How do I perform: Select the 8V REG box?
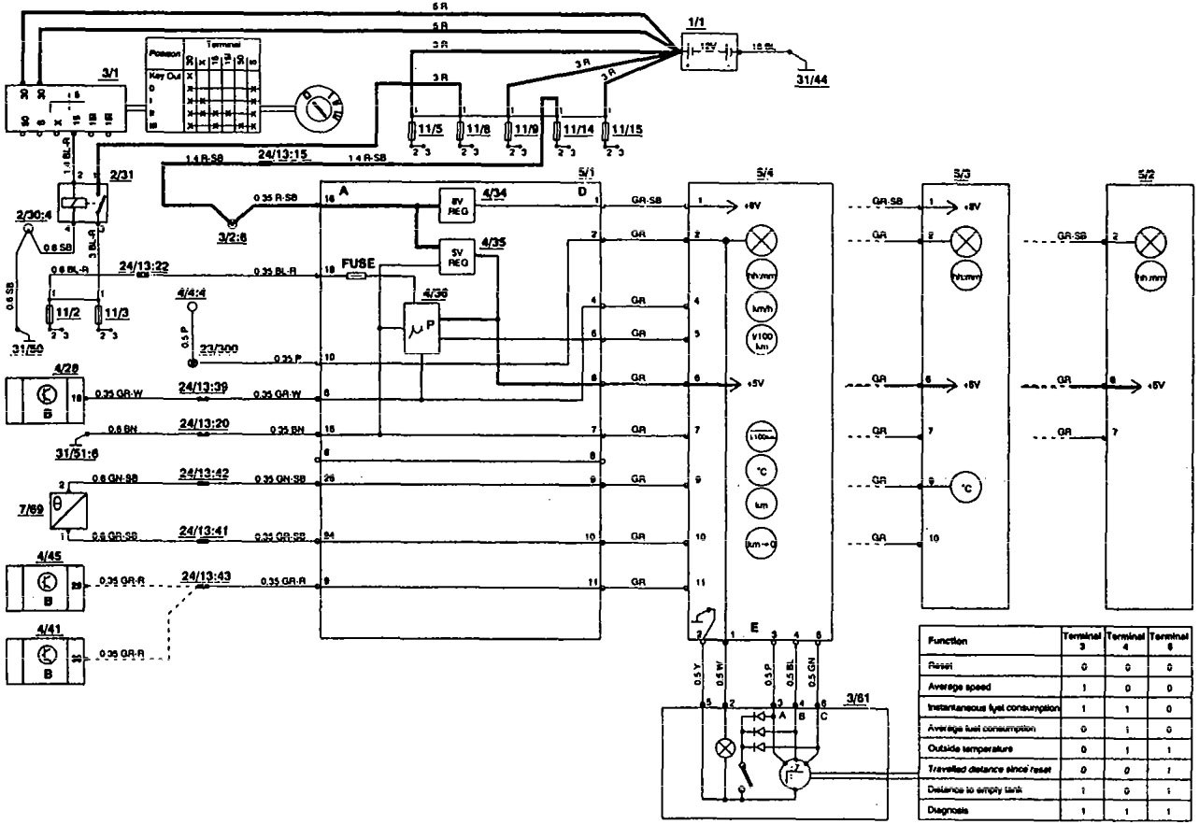coord(457,205)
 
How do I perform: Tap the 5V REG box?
coord(458,259)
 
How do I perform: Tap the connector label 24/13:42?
coord(203,472)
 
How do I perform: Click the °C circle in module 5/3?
coord(965,488)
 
